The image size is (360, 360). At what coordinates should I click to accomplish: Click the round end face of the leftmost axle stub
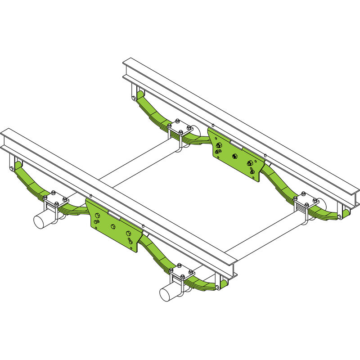41,220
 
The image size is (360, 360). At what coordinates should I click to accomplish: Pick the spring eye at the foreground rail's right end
218,286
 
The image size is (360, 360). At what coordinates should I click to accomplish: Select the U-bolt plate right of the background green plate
306,200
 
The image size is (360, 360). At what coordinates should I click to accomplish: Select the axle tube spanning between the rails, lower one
265,234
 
